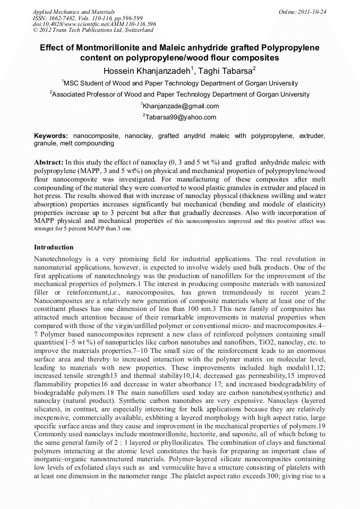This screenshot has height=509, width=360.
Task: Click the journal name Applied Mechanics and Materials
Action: [73, 11]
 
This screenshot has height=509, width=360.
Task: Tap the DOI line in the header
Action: [95, 24]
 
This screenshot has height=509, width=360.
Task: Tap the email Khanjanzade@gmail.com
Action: [181, 106]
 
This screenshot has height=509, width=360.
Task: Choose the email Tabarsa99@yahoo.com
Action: [181, 117]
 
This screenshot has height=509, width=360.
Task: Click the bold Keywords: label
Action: [51, 136]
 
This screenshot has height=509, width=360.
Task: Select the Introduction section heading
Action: [54, 247]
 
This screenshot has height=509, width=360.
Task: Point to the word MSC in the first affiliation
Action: [71, 83]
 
